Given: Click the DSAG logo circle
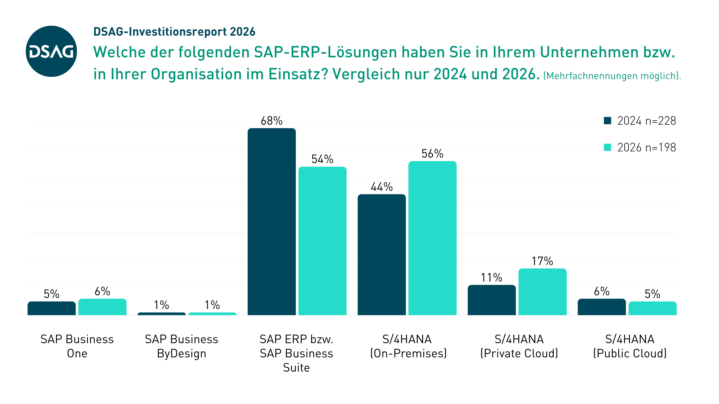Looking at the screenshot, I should (51, 51).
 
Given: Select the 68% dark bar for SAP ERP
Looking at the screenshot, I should (271, 222).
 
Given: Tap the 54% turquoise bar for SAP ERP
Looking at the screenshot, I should (322, 241).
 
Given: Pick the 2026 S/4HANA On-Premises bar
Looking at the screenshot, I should (432, 238).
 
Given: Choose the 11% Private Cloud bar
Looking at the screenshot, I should (492, 300).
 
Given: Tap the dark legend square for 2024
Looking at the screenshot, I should (607, 121).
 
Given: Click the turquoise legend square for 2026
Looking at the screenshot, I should (607, 147).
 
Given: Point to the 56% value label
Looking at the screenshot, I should (432, 154).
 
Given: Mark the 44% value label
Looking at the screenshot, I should (381, 187).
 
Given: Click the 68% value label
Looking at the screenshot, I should (271, 121).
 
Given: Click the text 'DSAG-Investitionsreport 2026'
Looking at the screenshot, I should (174, 32).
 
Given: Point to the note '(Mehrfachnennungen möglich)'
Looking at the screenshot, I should (612, 76).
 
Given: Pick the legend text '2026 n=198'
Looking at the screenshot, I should (646, 147).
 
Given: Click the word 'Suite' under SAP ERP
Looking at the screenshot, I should (296, 368).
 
